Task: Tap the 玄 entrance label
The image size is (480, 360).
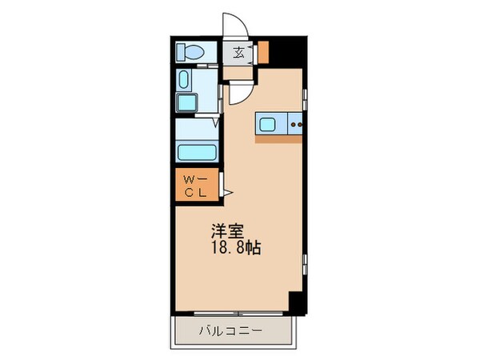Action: (240, 54)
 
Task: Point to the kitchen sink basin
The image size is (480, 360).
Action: (266, 124)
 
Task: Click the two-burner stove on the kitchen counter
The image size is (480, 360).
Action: (295, 124)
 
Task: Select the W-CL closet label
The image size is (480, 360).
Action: (194, 186)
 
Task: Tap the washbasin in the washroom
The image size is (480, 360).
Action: (185, 81)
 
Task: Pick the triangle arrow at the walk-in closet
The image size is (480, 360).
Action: (227, 193)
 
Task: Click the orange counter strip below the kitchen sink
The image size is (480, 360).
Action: (279, 139)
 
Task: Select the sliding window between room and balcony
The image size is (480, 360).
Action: (236, 314)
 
